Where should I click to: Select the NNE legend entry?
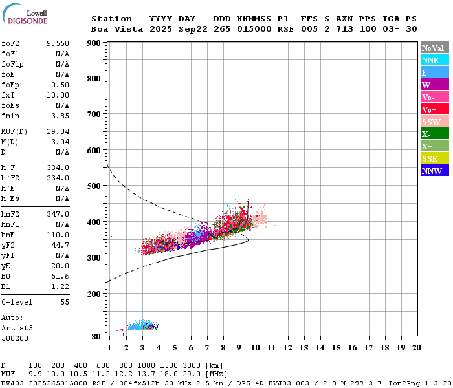coord(430,60)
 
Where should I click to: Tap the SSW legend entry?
coord(431,122)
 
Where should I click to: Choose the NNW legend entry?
coord(432,171)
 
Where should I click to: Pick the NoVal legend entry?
coord(432,48)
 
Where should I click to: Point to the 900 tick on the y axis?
coord(94,43)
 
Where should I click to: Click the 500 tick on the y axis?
coord(94,186)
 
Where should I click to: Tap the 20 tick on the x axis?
coord(416,347)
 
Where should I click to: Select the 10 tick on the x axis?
coord(255,347)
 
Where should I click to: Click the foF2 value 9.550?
coord(58,43)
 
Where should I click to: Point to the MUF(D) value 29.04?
coord(58,131)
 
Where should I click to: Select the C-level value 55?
coord(65,302)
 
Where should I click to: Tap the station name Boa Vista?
coord(111,29)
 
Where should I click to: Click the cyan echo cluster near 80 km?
coord(141,325)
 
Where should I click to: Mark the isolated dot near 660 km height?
coord(168,128)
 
